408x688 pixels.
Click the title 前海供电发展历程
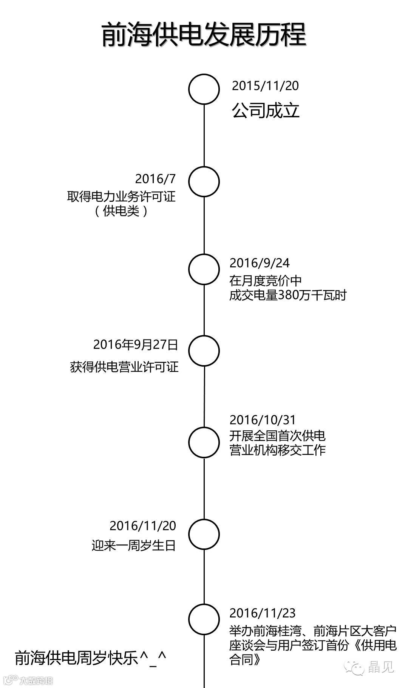204,35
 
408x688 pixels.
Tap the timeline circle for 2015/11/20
204,89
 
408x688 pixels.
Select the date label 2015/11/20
265,86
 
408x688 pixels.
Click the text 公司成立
266,111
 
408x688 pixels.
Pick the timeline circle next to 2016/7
204,181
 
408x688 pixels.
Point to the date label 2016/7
156,178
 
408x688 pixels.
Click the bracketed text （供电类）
121,211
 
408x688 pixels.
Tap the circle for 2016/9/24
204,269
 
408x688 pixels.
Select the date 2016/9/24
260,263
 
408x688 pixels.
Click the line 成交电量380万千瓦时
288,295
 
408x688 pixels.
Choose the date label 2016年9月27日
136,344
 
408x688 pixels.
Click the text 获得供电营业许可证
124,367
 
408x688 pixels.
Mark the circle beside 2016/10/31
204,442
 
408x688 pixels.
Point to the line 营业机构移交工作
277,450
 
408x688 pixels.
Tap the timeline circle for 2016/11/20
204,534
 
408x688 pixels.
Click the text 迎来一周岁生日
134,545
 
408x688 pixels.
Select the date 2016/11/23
263,613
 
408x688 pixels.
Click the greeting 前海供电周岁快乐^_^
91,658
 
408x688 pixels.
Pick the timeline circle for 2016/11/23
204,619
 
